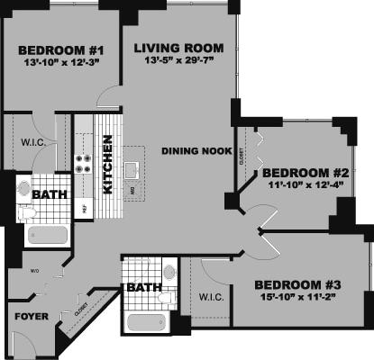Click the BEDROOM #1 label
pyautogui.click(x=50, y=49)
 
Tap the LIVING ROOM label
pyautogui.click(x=173, y=48)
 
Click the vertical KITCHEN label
pyautogui.click(x=107, y=164)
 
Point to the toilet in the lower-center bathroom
pyautogui.click(x=166, y=296)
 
